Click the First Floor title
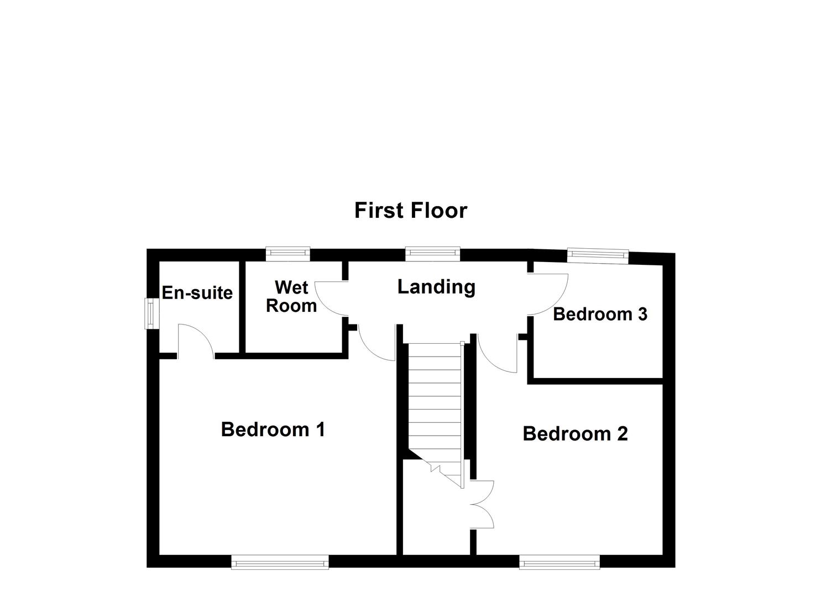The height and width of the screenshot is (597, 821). pos(410,211)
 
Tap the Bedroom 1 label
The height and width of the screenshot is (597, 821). pos(273,429)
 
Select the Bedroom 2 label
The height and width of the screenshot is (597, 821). pos(575,433)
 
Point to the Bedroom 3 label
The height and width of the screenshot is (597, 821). pos(600,314)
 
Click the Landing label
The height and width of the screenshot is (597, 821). pos(436,287)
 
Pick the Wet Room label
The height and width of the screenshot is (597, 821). pos(291,296)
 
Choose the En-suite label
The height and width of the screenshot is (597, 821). pos(197,292)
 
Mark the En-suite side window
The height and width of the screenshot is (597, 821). pos(150,314)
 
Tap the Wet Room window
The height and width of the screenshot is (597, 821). pos(287,253)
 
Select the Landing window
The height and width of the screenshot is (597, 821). pos(432,253)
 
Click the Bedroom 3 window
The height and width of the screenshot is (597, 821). pos(598,254)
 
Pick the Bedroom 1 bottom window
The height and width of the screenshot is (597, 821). pos(280,563)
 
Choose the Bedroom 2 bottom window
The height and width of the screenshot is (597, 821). pos(559,563)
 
